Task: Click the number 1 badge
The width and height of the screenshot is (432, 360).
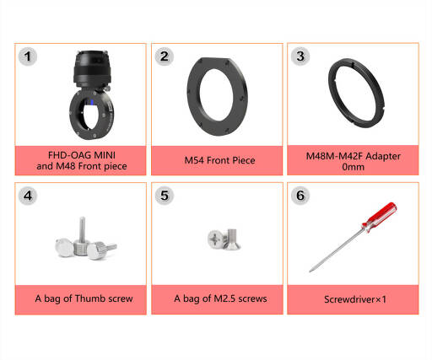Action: pyautogui.click(x=28, y=56)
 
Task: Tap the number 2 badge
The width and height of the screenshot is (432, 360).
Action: pyautogui.click(x=165, y=56)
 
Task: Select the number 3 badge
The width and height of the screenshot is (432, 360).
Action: pyautogui.click(x=300, y=56)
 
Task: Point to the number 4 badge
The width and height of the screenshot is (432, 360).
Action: pyautogui.click(x=28, y=196)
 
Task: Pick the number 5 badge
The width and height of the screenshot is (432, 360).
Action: pyautogui.click(x=165, y=196)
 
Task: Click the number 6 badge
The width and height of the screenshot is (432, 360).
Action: pyautogui.click(x=300, y=196)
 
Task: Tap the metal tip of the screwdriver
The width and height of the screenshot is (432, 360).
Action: pyautogui.click(x=310, y=271)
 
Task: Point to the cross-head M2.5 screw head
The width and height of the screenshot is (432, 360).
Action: pyautogui.click(x=216, y=239)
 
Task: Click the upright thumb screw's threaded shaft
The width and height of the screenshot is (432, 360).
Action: pyautogui.click(x=82, y=229)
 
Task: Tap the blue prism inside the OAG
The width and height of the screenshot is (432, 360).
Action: pyautogui.click(x=92, y=102)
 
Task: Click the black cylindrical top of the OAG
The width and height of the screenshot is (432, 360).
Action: pyautogui.click(x=92, y=68)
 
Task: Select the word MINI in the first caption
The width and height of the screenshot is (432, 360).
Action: pyautogui.click(x=105, y=155)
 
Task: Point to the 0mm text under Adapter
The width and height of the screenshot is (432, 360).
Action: pyautogui.click(x=354, y=167)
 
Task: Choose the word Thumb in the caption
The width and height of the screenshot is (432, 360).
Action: pyautogui.click(x=89, y=298)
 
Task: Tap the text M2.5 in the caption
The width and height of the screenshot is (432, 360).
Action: pyautogui.click(x=224, y=298)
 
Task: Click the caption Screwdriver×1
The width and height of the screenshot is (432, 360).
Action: pyautogui.click(x=355, y=299)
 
